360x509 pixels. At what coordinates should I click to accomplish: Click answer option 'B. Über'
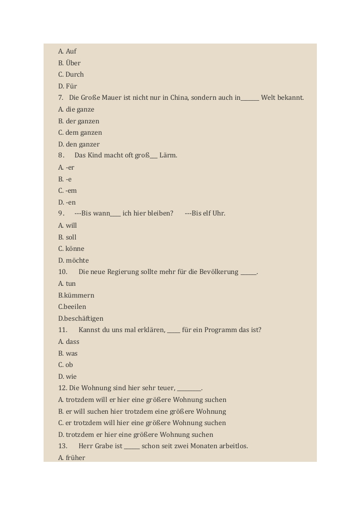click(x=69, y=63)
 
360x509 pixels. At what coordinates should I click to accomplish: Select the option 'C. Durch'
click(x=71, y=74)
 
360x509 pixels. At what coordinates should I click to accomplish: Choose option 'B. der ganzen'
click(x=79, y=121)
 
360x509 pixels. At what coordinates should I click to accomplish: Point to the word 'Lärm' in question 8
click(x=167, y=155)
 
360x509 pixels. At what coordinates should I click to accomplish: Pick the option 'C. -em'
click(x=68, y=191)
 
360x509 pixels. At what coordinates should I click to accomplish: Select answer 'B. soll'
click(x=67, y=237)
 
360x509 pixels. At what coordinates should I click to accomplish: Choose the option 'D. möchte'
click(x=74, y=260)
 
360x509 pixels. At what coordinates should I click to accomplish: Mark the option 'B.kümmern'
click(x=76, y=295)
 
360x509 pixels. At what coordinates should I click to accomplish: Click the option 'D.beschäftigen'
click(x=81, y=318)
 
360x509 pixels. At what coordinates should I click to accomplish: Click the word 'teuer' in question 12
click(x=165, y=388)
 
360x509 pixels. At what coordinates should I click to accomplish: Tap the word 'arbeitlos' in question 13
click(x=232, y=446)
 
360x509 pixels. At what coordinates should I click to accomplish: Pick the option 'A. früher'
click(x=72, y=458)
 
